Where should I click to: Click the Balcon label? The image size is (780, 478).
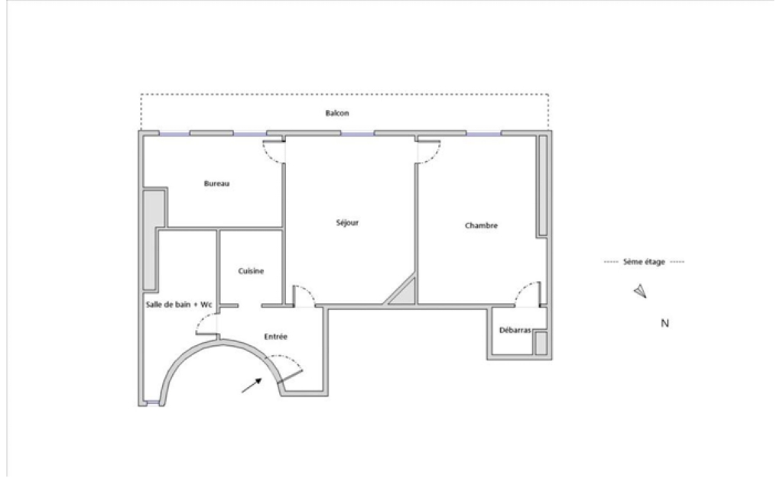(336, 113)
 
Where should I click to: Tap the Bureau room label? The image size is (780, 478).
(216, 184)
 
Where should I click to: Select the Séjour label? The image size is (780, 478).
(346, 223)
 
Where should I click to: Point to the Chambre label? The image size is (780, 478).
(481, 225)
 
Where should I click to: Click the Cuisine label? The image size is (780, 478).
(251, 271)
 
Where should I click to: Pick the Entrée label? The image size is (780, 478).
(275, 337)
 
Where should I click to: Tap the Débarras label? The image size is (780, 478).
(515, 331)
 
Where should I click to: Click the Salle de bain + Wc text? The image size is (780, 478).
(179, 305)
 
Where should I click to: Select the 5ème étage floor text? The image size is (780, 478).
(644, 262)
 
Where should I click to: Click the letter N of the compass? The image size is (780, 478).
(665, 324)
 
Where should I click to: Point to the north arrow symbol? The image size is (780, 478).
(640, 291)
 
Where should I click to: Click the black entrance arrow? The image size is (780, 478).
(252, 385)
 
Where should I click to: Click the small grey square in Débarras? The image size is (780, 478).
(541, 344)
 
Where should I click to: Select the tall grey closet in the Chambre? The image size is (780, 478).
(542, 185)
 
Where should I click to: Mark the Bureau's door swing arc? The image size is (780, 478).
(272, 153)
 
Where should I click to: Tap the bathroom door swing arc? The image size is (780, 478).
(204, 323)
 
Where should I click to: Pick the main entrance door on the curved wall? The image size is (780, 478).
(290, 376)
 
